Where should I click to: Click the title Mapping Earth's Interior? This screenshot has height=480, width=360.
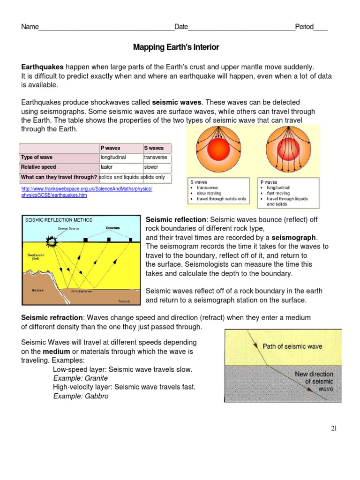tap(176, 47)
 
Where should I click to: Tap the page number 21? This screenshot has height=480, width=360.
tap(333, 428)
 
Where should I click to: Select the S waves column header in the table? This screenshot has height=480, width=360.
tap(154, 148)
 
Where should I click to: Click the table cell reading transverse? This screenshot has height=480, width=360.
tap(156, 157)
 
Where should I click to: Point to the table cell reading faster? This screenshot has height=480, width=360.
tap(110, 167)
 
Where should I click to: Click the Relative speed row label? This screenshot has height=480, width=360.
tap(38, 167)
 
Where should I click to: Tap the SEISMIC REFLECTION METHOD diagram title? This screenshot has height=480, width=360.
tap(59, 220)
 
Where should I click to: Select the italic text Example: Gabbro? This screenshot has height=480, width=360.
tap(81, 396)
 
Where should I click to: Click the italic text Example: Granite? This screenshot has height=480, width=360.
tap(81, 378)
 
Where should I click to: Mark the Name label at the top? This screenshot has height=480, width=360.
tap(29, 27)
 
